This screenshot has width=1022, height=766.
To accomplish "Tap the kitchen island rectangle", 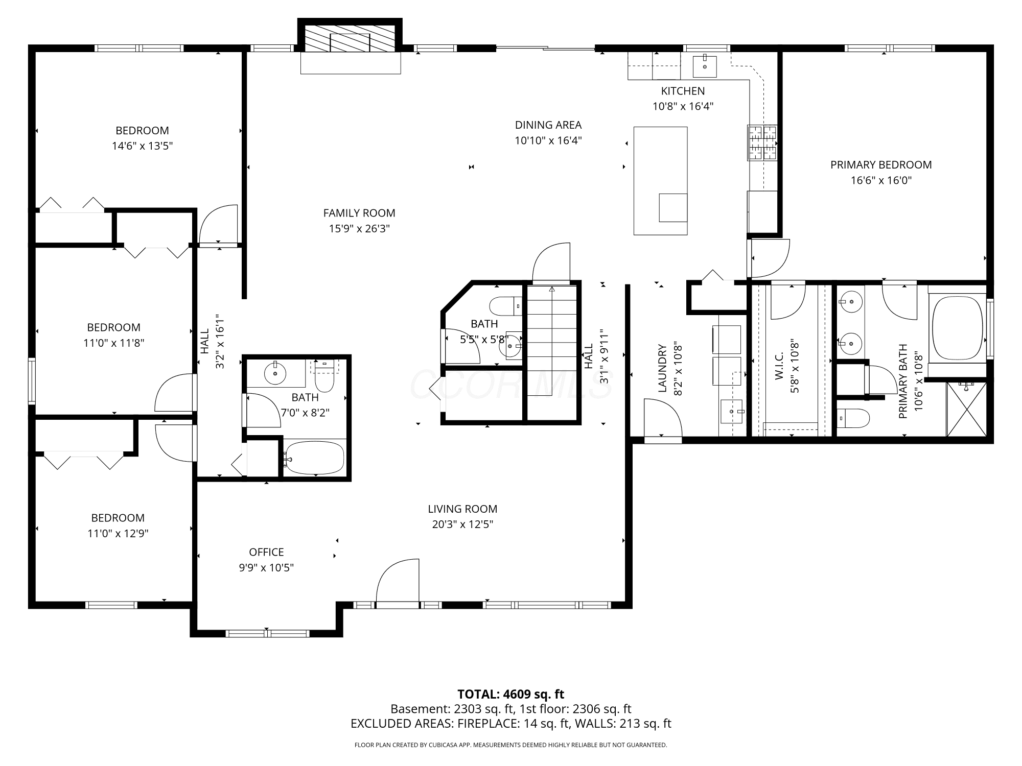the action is [660, 181].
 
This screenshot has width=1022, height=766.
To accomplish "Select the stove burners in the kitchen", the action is [762, 142].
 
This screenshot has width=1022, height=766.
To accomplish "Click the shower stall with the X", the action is [967, 409].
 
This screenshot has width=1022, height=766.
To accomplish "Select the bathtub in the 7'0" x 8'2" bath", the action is [314, 458].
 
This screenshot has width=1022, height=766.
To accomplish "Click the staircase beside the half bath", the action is [552, 352].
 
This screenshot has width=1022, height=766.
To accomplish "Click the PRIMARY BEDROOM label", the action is [881, 165].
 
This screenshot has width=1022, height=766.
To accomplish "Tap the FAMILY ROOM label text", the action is [359, 213].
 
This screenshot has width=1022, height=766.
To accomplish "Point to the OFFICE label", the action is [266, 552].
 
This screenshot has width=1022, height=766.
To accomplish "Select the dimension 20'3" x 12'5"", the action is [462, 524].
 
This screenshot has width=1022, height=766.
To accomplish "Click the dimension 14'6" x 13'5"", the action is [143, 146].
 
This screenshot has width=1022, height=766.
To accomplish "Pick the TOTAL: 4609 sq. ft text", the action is [511, 695].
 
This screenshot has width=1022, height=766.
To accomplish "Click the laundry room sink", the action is [732, 412].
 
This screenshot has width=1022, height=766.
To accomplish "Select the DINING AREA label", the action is [548, 125].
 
